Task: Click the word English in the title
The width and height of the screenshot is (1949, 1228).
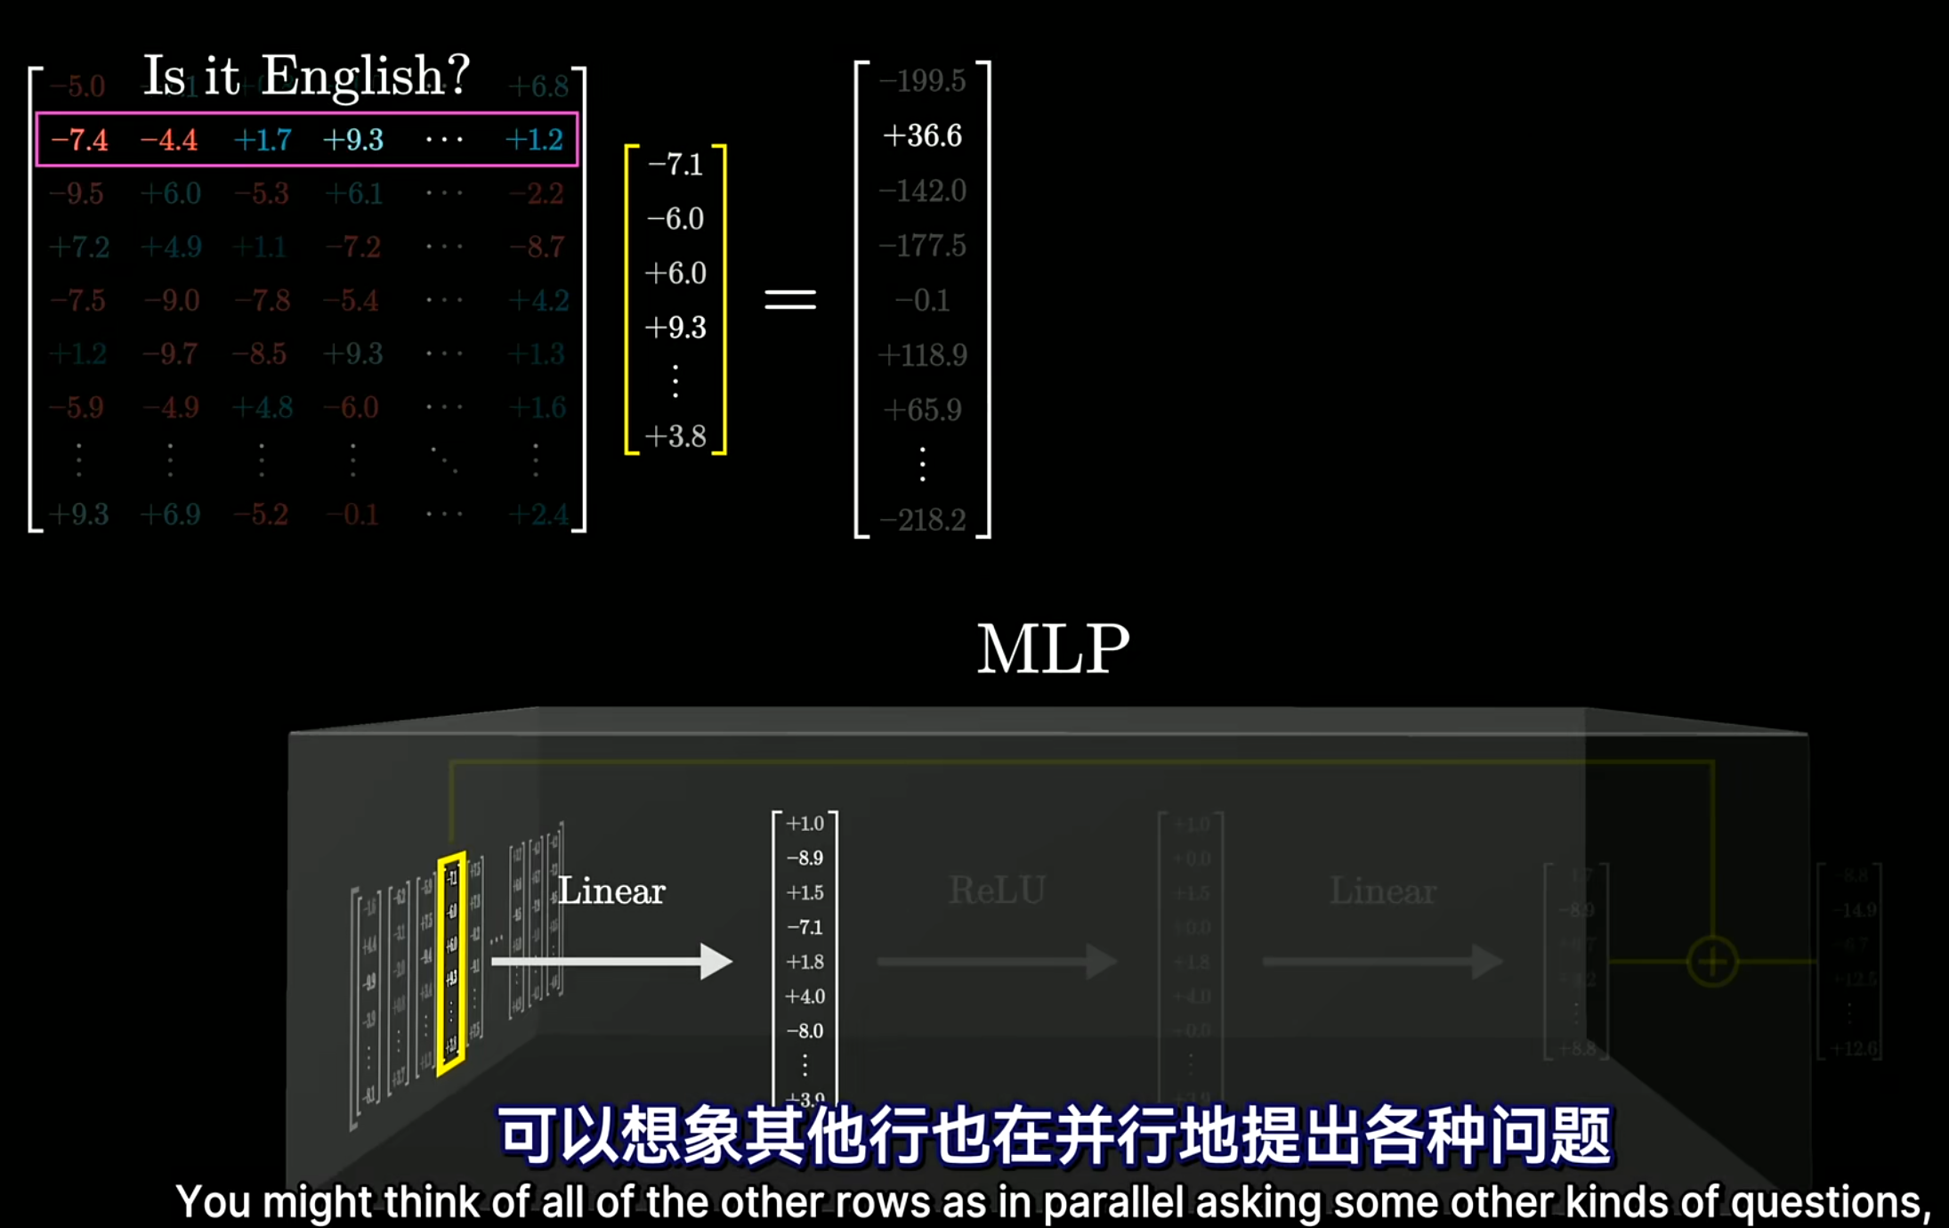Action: [365, 76]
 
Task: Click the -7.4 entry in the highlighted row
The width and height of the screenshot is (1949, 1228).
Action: [79, 140]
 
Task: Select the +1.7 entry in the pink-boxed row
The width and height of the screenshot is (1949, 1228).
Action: [263, 140]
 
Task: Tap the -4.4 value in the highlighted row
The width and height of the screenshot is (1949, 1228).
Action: [169, 140]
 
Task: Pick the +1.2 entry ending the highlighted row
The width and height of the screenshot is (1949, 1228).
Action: [534, 140]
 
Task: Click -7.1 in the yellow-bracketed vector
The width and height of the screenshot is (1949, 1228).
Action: [675, 165]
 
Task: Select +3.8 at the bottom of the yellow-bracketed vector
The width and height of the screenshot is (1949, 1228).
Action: [675, 436]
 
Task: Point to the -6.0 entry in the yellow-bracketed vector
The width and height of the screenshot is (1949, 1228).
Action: [675, 219]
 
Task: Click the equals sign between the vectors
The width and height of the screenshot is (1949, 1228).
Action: [790, 300]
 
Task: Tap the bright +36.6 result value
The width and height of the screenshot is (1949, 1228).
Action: [922, 135]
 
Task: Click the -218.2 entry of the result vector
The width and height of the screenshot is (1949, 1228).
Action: [922, 519]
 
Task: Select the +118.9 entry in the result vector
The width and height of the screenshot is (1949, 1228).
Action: [922, 355]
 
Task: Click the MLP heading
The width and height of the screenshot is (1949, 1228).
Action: [1053, 649]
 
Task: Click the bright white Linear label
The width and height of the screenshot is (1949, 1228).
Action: [611, 891]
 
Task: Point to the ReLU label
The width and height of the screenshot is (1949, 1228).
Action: [997, 891]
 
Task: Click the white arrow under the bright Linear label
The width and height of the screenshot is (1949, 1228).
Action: [611, 962]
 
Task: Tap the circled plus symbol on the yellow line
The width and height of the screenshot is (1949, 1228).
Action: [1712, 962]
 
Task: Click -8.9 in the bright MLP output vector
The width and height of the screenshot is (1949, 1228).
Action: [805, 858]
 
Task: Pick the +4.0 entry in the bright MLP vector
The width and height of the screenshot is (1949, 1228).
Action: [805, 996]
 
